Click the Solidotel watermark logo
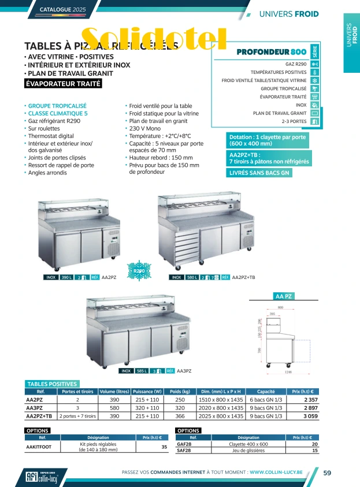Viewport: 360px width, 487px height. pos(154,39)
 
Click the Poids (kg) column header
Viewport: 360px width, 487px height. pos(180,391)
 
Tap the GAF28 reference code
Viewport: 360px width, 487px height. pos(184,444)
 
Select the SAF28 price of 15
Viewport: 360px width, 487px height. pos(314,450)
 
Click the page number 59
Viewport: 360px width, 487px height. pos(326,473)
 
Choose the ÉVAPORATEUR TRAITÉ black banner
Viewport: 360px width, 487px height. pos(63,84)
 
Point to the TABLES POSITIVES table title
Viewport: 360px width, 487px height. pos(52,384)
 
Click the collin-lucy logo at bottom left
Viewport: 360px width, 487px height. pos(42,475)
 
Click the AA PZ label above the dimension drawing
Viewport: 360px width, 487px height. pos(284,296)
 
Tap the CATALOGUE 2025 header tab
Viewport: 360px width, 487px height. pos(63,10)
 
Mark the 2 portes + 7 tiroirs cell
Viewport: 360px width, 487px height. pos(77,415)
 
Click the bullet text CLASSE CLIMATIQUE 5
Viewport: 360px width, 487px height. pos(57,114)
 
